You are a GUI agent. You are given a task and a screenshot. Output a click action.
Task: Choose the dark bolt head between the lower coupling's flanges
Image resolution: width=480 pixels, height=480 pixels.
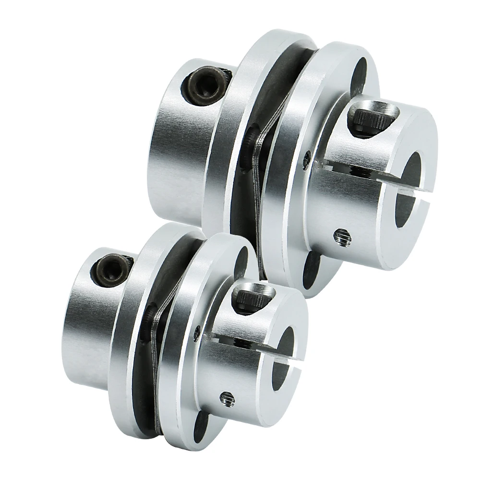click(150, 318)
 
